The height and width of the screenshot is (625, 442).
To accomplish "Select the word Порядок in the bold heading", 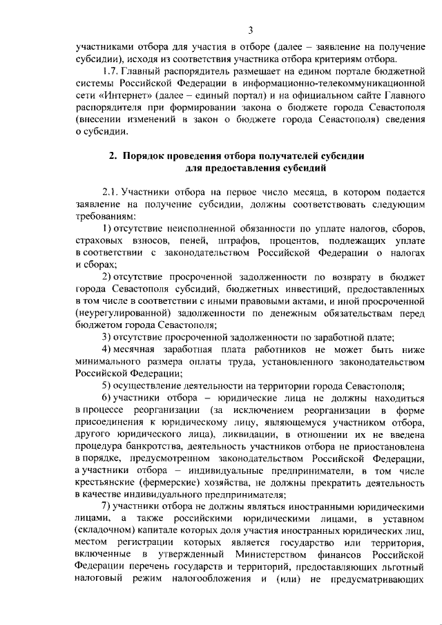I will coord(148,156).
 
